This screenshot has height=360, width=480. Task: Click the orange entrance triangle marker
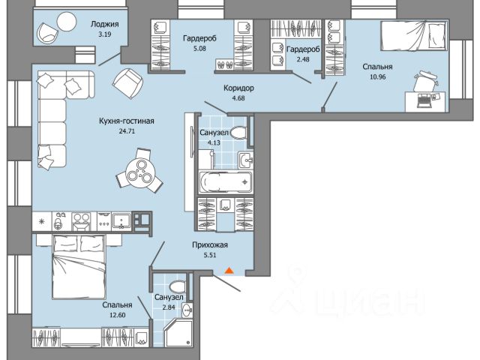[229, 270]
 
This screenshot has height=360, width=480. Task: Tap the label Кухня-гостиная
[127, 121]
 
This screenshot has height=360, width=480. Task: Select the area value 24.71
[127, 131]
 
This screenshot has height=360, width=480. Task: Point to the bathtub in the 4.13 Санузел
[226, 182]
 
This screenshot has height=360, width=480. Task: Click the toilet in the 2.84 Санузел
[178, 286]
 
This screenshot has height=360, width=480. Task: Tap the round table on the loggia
[67, 22]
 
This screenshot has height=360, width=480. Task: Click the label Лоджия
[105, 24]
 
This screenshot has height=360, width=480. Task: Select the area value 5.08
[199, 49]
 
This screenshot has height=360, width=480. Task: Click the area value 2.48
[303, 59]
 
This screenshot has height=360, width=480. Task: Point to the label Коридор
[238, 88]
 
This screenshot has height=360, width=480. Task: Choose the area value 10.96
[378, 76]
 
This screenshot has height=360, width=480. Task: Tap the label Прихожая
[210, 245]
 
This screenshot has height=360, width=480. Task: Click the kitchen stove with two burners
[81, 221]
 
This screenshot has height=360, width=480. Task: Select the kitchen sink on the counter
[121, 221]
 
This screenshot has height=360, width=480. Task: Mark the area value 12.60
[118, 315]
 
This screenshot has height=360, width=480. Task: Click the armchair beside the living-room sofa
[128, 83]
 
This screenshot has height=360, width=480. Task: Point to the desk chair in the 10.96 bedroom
[425, 81]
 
